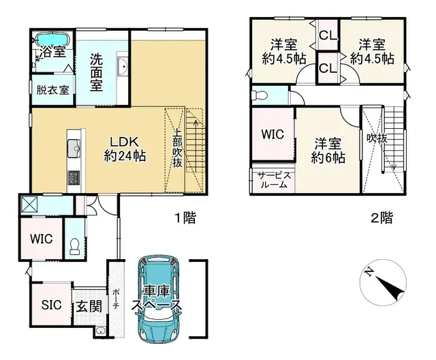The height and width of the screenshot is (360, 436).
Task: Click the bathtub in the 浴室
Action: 52,38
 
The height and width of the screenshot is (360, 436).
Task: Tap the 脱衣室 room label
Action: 52,89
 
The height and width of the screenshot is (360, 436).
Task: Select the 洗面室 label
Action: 102,71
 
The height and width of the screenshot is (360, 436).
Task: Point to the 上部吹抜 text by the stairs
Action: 176,148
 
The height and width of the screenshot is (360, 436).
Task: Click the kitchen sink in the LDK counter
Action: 74,145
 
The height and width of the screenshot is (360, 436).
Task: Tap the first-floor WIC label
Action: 40,239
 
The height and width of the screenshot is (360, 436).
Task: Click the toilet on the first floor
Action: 74,243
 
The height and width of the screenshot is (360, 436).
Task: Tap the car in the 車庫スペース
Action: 158,299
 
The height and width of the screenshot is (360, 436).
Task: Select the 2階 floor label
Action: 381,218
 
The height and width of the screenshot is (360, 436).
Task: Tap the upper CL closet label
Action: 327,34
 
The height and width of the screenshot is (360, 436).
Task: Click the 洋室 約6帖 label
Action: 327,151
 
